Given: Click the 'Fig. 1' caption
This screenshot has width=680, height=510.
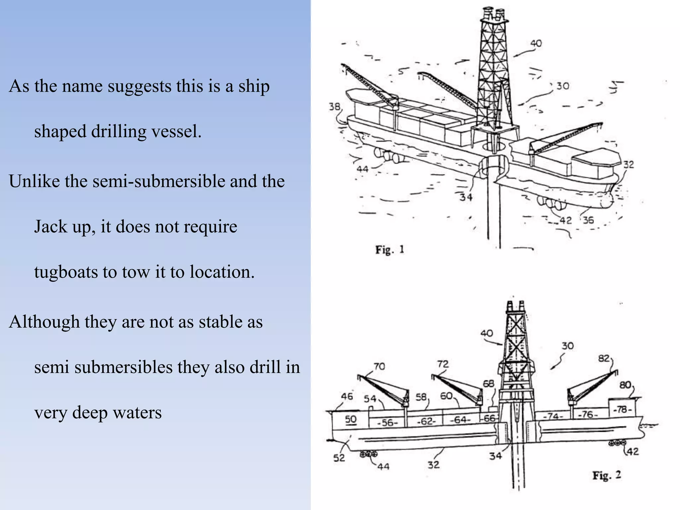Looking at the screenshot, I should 389,249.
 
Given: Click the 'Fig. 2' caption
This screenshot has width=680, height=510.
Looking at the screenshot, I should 607,475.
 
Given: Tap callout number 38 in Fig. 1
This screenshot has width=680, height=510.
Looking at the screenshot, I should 335,107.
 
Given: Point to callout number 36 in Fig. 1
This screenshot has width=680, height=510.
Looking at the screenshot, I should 588,220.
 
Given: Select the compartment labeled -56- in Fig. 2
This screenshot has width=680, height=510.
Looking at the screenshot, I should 387,422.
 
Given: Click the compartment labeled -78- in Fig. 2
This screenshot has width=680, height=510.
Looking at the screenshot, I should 623,410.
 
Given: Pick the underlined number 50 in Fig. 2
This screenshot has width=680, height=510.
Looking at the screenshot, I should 351,419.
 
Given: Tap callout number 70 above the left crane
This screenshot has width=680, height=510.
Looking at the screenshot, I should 379,366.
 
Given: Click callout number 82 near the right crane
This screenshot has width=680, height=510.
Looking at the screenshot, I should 604,359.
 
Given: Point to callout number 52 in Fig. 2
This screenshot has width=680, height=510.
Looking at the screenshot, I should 339,458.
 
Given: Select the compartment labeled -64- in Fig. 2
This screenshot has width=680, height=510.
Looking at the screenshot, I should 460,420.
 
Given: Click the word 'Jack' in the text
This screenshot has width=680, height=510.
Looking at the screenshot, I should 48,227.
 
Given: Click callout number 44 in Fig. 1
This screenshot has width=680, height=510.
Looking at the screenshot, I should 362,169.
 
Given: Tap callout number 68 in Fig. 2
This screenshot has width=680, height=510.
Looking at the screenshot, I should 488,384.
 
